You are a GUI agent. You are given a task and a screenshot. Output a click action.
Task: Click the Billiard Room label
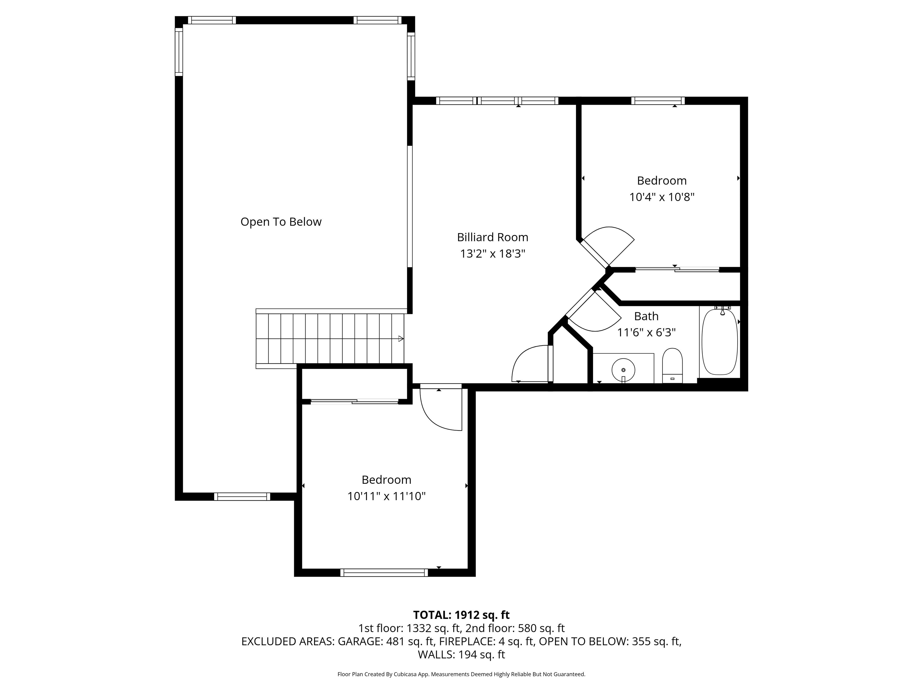492,237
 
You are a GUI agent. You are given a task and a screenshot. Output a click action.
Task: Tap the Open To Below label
281,222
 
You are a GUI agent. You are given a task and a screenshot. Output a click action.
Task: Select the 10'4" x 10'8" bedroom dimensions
662,197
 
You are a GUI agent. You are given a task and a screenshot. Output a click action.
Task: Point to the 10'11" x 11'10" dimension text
386,496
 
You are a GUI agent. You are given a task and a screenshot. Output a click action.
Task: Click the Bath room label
646,316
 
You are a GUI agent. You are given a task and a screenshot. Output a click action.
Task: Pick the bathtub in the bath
720,341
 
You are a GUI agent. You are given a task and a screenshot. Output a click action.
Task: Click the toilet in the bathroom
672,365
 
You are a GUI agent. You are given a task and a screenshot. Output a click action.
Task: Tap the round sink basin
623,370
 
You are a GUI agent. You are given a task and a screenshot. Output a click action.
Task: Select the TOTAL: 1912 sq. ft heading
461,615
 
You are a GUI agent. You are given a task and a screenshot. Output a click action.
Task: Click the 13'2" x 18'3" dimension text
492,254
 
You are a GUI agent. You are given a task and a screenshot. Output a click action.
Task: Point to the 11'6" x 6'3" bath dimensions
646,332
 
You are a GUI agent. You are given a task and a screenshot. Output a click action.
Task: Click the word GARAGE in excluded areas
358,641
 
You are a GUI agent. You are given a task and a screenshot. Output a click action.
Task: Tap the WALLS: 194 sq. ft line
461,654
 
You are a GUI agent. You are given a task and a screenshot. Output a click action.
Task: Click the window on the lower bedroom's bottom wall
384,573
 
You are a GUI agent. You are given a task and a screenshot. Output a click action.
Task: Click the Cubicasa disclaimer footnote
461,674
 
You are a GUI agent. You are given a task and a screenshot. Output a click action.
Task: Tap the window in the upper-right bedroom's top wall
658,101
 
